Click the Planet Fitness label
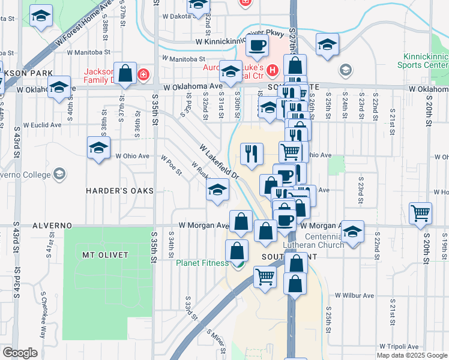pos(202,263)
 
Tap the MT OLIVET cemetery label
pos(105,255)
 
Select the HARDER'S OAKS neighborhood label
pos(119,190)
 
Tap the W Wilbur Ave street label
pos(354,295)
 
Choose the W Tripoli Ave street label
pos(399,347)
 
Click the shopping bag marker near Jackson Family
pos(126,74)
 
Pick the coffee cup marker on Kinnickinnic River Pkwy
pos(257,46)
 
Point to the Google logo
pos(20,353)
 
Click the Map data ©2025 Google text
pos(412,355)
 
